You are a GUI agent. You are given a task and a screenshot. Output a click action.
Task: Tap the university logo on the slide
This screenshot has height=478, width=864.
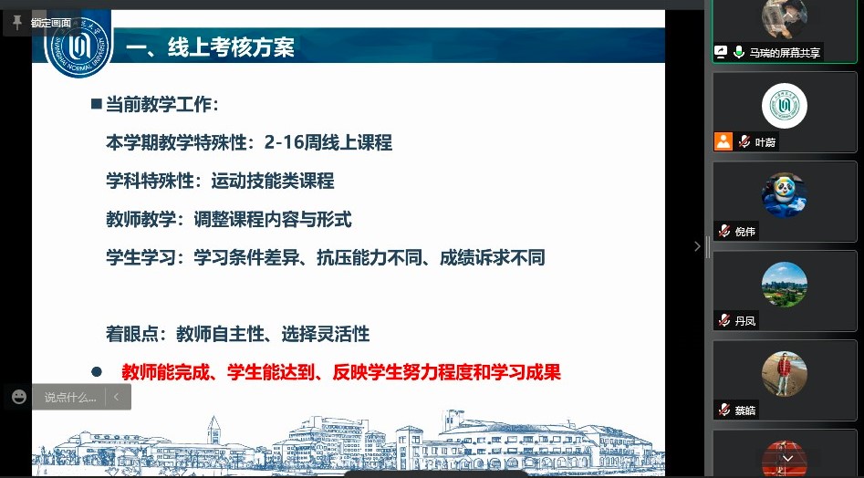[78, 47]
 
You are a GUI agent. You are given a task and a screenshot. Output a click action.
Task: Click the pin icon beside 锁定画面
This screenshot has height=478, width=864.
[17, 23]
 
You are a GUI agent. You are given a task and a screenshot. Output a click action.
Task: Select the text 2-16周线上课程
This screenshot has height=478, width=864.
[328, 142]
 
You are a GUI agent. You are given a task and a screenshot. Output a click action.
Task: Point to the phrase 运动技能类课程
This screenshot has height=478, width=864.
[273, 181]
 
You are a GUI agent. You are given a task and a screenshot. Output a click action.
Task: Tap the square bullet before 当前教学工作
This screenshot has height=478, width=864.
[97, 103]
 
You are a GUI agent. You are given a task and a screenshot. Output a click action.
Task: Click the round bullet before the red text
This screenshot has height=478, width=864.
[97, 372]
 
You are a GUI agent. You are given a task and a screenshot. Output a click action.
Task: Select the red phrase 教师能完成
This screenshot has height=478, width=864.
[166, 372]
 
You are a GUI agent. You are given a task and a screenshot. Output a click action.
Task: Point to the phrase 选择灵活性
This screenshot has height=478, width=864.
[325, 334]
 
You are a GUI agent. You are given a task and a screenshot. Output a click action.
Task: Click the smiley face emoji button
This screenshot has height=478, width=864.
[19, 397]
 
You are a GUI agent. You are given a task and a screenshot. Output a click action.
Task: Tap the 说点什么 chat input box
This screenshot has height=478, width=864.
[70, 397]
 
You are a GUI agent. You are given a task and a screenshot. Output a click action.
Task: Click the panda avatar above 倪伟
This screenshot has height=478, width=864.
[784, 195]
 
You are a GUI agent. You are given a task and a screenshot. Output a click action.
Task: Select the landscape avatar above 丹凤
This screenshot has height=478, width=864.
[784, 285]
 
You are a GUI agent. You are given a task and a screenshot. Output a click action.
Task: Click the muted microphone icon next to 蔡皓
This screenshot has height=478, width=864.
[724, 410]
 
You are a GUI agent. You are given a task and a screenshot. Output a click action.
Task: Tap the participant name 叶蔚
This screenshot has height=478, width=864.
[765, 142]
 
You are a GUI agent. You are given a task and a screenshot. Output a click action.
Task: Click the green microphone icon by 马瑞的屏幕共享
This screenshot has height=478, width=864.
[738, 52]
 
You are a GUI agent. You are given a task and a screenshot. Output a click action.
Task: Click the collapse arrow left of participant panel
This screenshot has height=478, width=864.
[697, 246]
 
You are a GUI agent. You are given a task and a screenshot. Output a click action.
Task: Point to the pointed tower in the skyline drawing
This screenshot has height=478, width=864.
[213, 430]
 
